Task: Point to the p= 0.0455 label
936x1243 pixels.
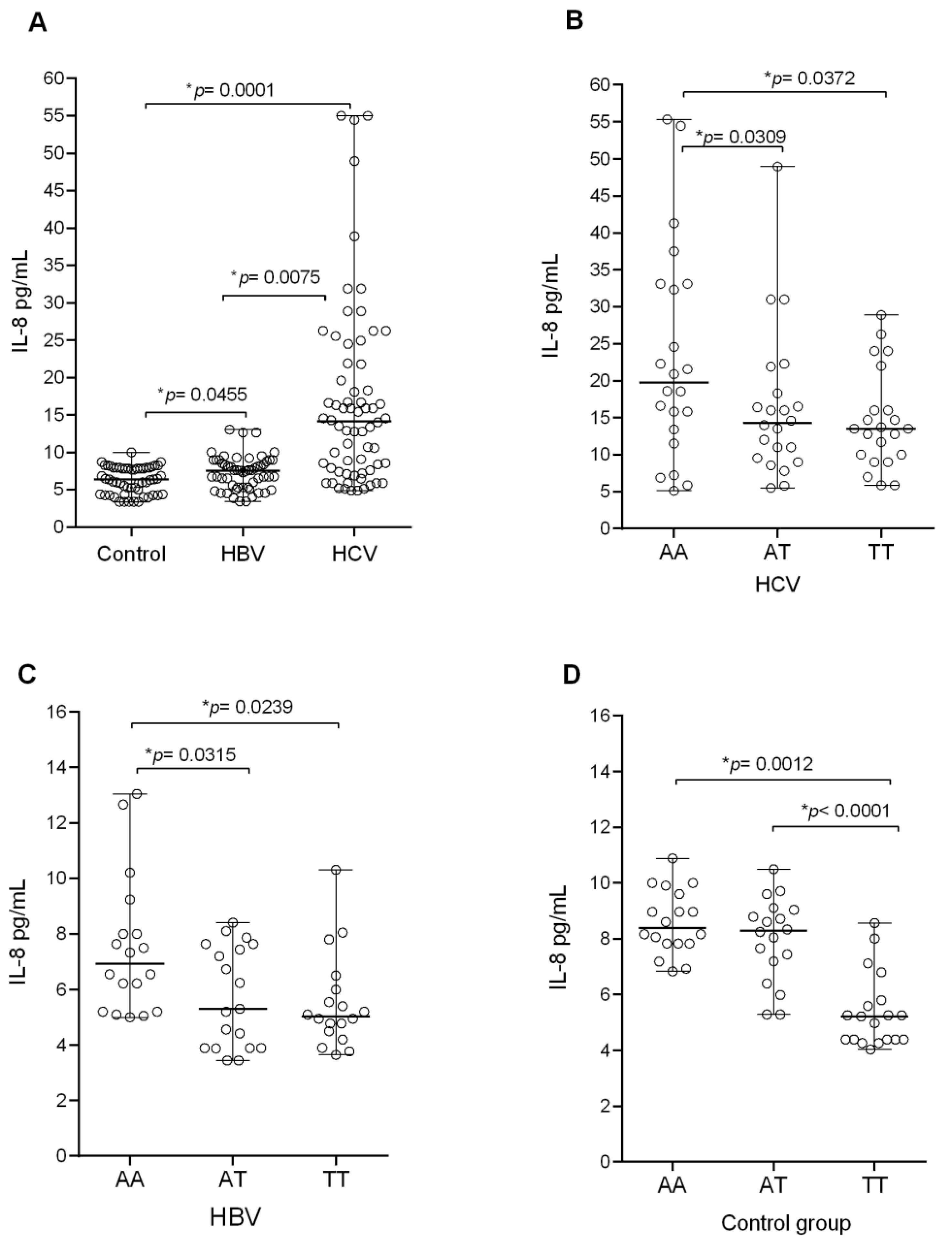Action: [202, 395]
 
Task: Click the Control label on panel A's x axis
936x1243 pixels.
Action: [131, 554]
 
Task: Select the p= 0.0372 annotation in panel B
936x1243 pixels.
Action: [810, 78]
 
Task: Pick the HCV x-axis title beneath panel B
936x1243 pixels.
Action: [777, 585]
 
